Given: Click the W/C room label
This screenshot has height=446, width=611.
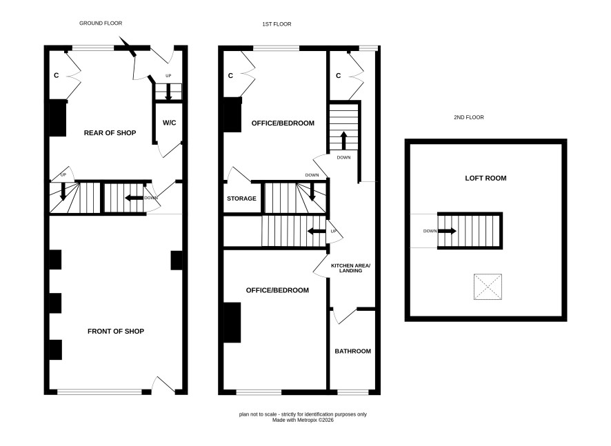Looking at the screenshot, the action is coord(169,123).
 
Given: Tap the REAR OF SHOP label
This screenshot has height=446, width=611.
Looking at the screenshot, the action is coord(110,133).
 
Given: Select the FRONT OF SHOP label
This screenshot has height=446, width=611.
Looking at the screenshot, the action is coord(116,331).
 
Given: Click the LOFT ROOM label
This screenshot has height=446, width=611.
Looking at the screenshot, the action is coord(485,178).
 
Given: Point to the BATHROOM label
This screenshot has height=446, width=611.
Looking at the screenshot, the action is coord(352,351).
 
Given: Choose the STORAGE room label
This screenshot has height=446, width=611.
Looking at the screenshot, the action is coord(241,199).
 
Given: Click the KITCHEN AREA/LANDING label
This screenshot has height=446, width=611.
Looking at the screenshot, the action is coord(351,268).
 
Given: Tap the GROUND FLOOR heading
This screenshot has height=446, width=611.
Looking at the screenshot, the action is coord(101,23).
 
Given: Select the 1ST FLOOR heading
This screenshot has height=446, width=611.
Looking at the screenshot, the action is coord(277,24).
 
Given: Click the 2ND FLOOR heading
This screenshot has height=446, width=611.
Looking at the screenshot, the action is coord(469,117).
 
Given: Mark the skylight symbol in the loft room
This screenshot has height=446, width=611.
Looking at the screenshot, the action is coord(488,287).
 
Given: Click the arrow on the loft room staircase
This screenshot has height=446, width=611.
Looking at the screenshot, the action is coord(448,231).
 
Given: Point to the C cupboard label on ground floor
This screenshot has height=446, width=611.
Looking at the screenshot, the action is coord(56,75).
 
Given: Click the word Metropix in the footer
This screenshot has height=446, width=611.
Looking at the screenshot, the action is coord(308,420).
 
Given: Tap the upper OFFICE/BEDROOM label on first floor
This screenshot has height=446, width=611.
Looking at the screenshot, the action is coord(283,123).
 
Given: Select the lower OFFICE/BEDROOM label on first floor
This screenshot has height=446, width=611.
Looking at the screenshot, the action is coord(277,290).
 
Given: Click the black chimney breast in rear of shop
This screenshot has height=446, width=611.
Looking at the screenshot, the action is coord(58,118).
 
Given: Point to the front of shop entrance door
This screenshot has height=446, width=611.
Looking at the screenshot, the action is coord(163,385).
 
